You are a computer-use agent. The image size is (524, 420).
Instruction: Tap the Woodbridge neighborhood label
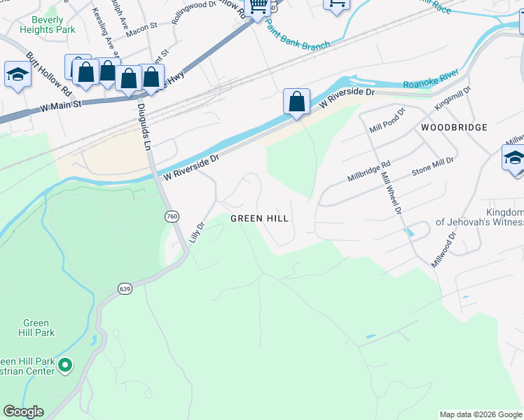[x=454, y=127]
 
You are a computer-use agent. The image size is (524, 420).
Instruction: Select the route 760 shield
[x=172, y=217]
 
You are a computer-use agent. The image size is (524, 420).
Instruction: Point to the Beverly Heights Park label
[x=48, y=25]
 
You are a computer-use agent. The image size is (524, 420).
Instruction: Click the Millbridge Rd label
[x=368, y=171]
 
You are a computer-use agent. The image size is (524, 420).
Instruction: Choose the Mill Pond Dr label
[x=387, y=121]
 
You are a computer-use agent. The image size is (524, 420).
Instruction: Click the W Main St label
[x=62, y=105]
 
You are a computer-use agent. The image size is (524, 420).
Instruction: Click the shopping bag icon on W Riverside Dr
[x=297, y=101]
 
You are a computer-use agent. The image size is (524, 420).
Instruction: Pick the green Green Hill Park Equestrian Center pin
[x=65, y=365]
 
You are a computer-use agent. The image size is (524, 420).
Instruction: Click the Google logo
[x=24, y=412]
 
